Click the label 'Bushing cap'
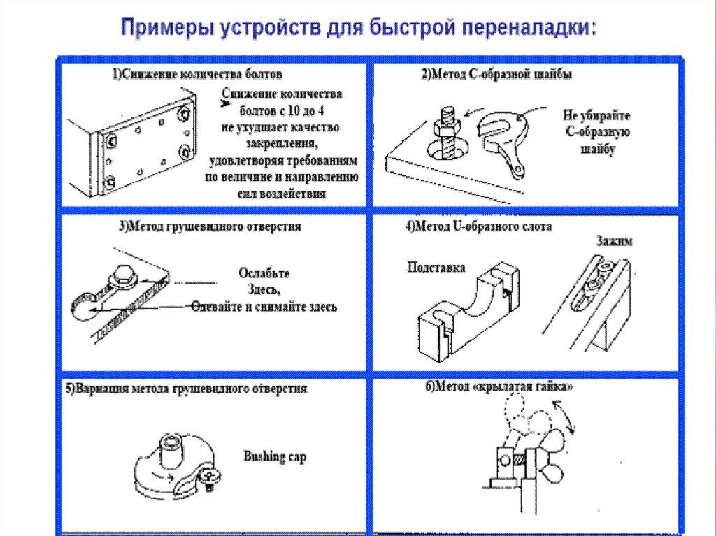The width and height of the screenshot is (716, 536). pyautogui.click(x=275, y=457)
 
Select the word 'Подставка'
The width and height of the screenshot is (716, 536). pyautogui.click(x=436, y=268)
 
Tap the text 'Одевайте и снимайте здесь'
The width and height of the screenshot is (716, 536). pyautogui.click(x=264, y=307)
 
